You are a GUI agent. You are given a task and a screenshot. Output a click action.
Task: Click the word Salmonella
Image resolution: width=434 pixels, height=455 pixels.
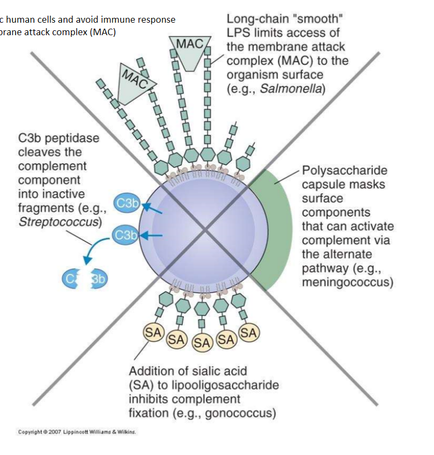click(x=292, y=89)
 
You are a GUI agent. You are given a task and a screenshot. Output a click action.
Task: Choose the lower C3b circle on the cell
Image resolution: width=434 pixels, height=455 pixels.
click(x=126, y=236)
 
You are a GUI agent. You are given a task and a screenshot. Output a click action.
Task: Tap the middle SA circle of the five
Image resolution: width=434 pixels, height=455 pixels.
click(x=202, y=342)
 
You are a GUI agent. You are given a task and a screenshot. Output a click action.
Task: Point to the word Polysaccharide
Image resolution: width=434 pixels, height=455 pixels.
click(x=344, y=171)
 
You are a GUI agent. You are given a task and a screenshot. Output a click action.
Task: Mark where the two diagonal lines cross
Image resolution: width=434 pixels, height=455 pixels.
click(x=206, y=230)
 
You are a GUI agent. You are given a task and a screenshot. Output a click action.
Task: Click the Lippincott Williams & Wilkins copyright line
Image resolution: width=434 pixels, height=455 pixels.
click(x=77, y=432)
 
